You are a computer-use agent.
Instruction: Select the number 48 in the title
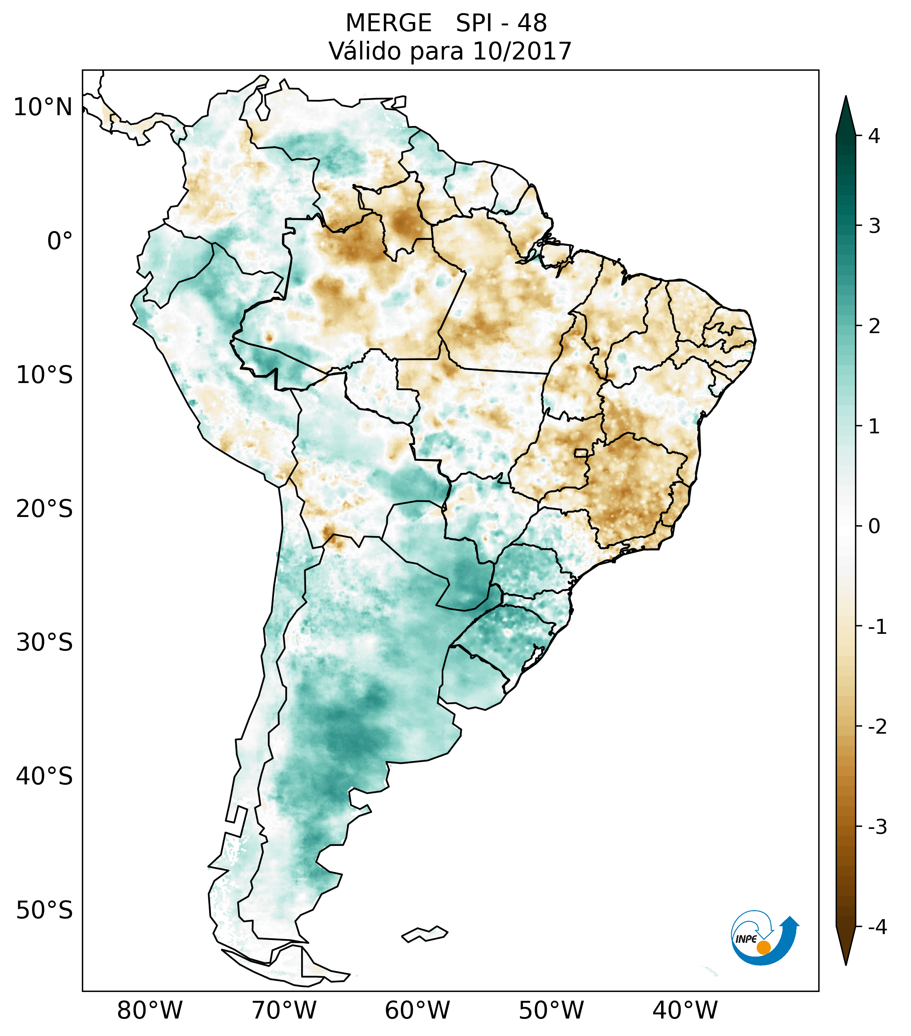[532, 23]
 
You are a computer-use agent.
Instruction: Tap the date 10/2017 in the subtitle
[522, 51]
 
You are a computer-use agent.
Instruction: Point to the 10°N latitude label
[43, 107]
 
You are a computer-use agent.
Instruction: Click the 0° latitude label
[60, 241]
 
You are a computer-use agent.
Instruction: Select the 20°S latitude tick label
[44, 509]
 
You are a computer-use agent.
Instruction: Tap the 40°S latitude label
[44, 776]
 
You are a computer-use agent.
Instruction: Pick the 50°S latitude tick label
[44, 911]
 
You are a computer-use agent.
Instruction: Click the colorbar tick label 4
[874, 136]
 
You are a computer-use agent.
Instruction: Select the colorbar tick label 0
[874, 527]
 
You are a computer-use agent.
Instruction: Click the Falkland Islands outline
[425, 934]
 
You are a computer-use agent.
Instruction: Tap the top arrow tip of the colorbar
[845, 98]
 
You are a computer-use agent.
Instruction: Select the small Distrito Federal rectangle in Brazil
[581, 452]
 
